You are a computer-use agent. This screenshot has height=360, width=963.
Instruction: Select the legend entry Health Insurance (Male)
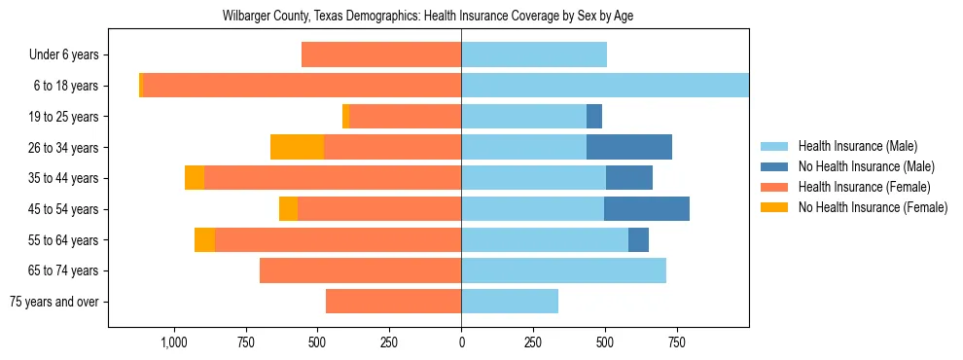(x=858, y=146)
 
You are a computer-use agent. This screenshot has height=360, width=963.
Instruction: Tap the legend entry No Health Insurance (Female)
(x=873, y=207)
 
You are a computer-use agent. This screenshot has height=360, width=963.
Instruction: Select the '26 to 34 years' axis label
(x=61, y=148)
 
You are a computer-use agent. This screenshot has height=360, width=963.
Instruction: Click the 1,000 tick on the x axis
(x=173, y=342)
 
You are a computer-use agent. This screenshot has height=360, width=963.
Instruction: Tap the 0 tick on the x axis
(x=461, y=342)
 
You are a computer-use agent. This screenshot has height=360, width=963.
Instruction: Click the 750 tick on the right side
(x=677, y=342)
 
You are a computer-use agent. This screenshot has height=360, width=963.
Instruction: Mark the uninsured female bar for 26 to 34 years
(x=297, y=147)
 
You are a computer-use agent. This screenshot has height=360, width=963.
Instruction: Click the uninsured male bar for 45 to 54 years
(x=647, y=209)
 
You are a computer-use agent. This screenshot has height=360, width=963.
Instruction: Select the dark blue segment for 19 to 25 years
(x=594, y=117)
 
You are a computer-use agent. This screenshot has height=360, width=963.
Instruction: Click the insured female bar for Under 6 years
(x=381, y=54)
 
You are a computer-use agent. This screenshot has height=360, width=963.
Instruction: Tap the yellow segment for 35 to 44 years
(x=195, y=178)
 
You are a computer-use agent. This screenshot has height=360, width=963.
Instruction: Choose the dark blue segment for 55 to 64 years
(x=638, y=239)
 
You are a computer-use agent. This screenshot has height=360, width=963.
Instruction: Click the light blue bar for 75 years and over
(x=510, y=302)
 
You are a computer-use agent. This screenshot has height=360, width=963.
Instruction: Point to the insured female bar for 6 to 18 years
(x=302, y=86)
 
